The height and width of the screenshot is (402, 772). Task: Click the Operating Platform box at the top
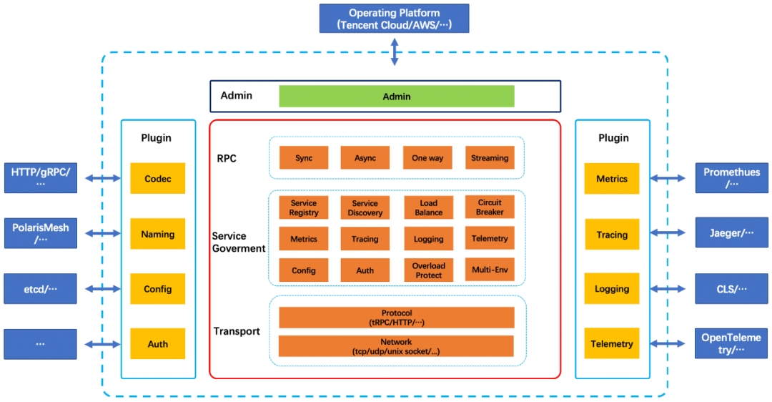394,19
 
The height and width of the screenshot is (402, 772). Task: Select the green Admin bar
396,97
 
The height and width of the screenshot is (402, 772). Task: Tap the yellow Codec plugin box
157,179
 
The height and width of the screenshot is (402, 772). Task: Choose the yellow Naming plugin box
157,234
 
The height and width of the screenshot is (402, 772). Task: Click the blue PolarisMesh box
40,233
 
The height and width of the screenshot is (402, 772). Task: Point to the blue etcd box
40,289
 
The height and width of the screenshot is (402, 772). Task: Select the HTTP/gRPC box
40,177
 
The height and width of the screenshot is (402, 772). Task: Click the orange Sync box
304,158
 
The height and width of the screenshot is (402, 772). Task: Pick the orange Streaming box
490,158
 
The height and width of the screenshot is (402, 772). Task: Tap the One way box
427,158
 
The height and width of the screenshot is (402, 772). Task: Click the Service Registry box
304,207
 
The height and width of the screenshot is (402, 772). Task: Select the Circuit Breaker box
490,207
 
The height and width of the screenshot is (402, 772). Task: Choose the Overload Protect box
428,270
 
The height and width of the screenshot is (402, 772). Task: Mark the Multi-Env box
490,270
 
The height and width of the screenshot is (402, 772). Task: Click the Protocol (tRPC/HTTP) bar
396,318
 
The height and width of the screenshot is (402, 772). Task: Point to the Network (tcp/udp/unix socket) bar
396,346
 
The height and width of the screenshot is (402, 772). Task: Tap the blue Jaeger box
731,233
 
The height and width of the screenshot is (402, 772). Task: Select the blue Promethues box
731,177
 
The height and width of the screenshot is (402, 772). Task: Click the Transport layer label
237,331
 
